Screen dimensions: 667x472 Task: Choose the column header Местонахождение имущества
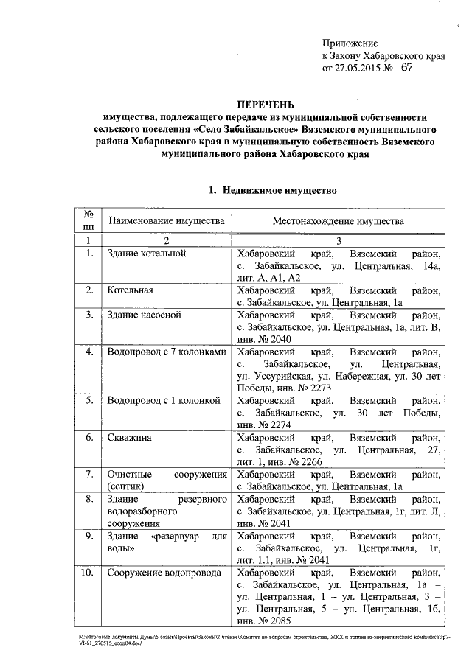tap(339, 221)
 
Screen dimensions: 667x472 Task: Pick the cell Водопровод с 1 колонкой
tap(164, 401)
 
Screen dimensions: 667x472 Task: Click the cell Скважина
tap(130, 438)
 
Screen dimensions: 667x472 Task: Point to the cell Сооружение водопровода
tap(164, 573)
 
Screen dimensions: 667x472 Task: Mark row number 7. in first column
tap(88, 475)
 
